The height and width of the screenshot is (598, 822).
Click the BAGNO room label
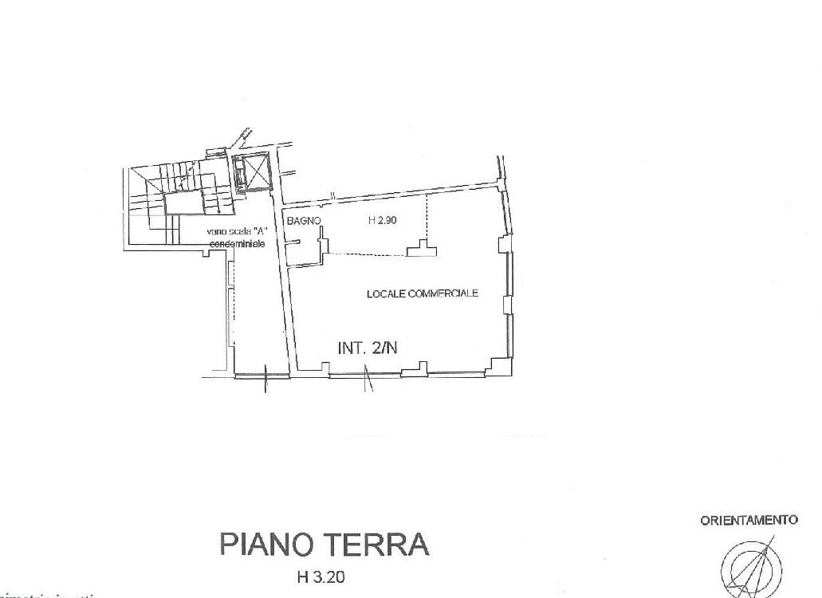tap(305, 222)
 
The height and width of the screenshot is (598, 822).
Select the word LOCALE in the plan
tap(385, 293)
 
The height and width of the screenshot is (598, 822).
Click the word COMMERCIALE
tap(442, 293)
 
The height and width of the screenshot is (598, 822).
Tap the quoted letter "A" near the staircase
tap(259, 231)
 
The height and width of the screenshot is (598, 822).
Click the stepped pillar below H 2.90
tap(423, 250)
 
